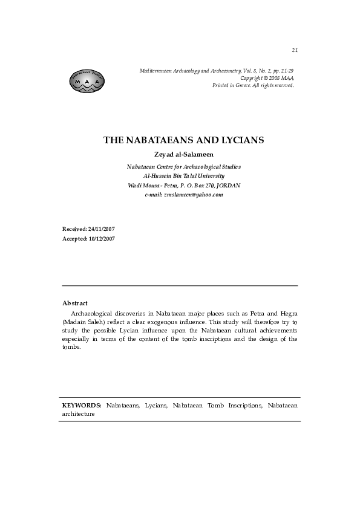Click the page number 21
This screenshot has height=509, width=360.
(295, 50)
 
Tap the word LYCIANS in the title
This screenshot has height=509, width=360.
(240, 140)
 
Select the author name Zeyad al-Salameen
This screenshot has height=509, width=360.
(183, 154)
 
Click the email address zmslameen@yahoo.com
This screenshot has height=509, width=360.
(193, 195)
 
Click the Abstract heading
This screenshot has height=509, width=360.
(75, 303)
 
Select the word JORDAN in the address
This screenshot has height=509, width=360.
(229, 185)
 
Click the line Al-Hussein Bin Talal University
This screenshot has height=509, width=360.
(183, 175)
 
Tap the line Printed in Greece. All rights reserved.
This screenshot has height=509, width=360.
(253, 85)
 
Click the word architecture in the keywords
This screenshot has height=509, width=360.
(79, 414)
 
